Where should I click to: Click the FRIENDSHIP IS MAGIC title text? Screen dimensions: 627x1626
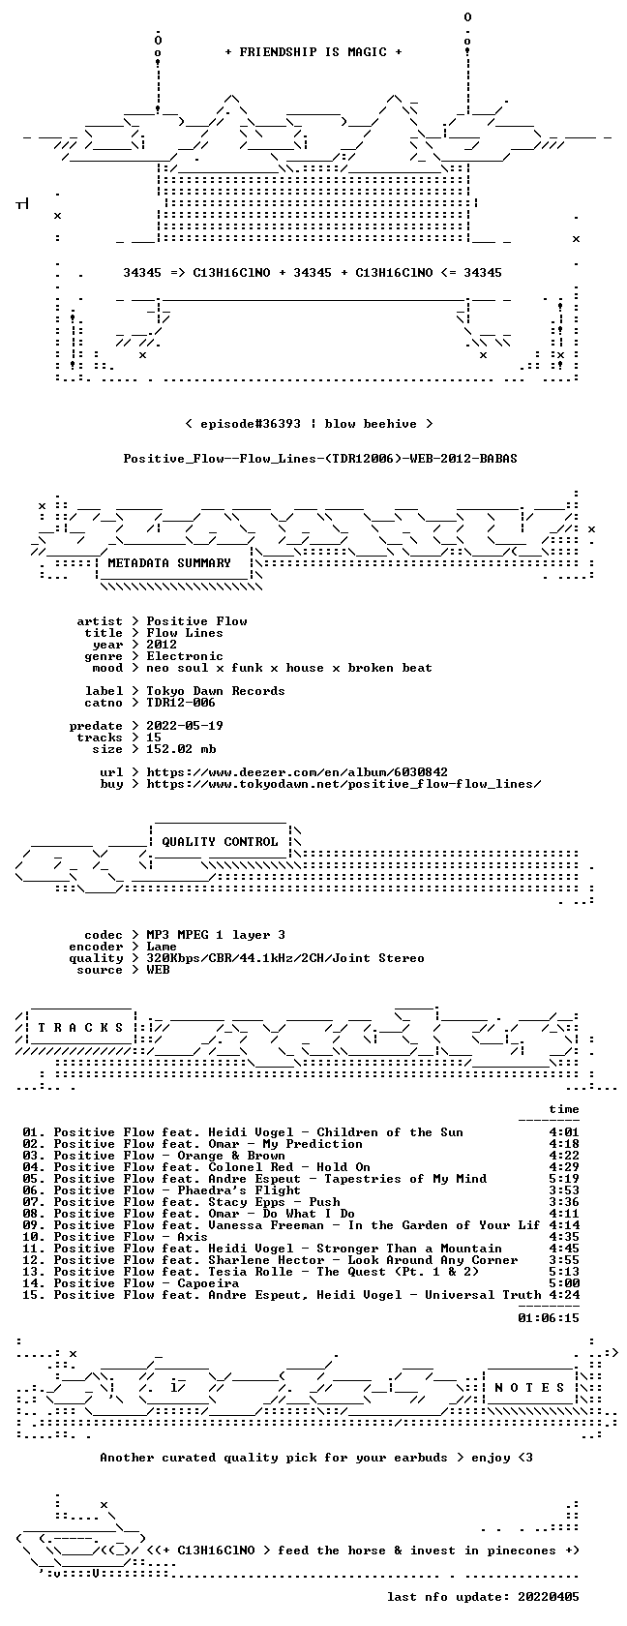pyautogui.click(x=313, y=52)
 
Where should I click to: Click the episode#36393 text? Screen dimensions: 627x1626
pyautogui.click(x=251, y=424)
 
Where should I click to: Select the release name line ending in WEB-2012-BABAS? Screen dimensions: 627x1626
pyautogui.click(x=320, y=459)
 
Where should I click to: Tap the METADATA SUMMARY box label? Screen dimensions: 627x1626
pyautogui.click(x=169, y=563)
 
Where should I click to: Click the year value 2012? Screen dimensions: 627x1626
pyautogui.click(x=161, y=645)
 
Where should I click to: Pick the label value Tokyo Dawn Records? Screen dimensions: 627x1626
pyautogui.click(x=216, y=691)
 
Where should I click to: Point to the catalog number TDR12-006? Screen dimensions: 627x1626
pyautogui.click(x=181, y=703)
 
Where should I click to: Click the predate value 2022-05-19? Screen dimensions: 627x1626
pyautogui.click(x=184, y=726)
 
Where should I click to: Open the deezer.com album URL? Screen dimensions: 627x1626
pyautogui.click(x=297, y=772)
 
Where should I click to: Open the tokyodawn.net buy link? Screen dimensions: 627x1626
pyautogui.click(x=343, y=784)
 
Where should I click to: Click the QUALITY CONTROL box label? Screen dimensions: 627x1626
pyautogui.click(x=220, y=842)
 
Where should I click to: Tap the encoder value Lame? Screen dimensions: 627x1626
pyautogui.click(x=161, y=947)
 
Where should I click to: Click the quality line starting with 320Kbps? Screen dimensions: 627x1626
pyautogui.click(x=285, y=958)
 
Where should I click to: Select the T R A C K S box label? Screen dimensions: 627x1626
pyautogui.click(x=79, y=1028)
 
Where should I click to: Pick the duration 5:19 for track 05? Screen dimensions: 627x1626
pyautogui.click(x=564, y=1179)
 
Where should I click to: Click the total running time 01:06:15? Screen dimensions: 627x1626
pyautogui.click(x=549, y=1318)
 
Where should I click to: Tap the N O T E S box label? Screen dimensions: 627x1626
pyautogui.click(x=529, y=1388)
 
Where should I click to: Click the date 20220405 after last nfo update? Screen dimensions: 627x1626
pyautogui.click(x=549, y=1597)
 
